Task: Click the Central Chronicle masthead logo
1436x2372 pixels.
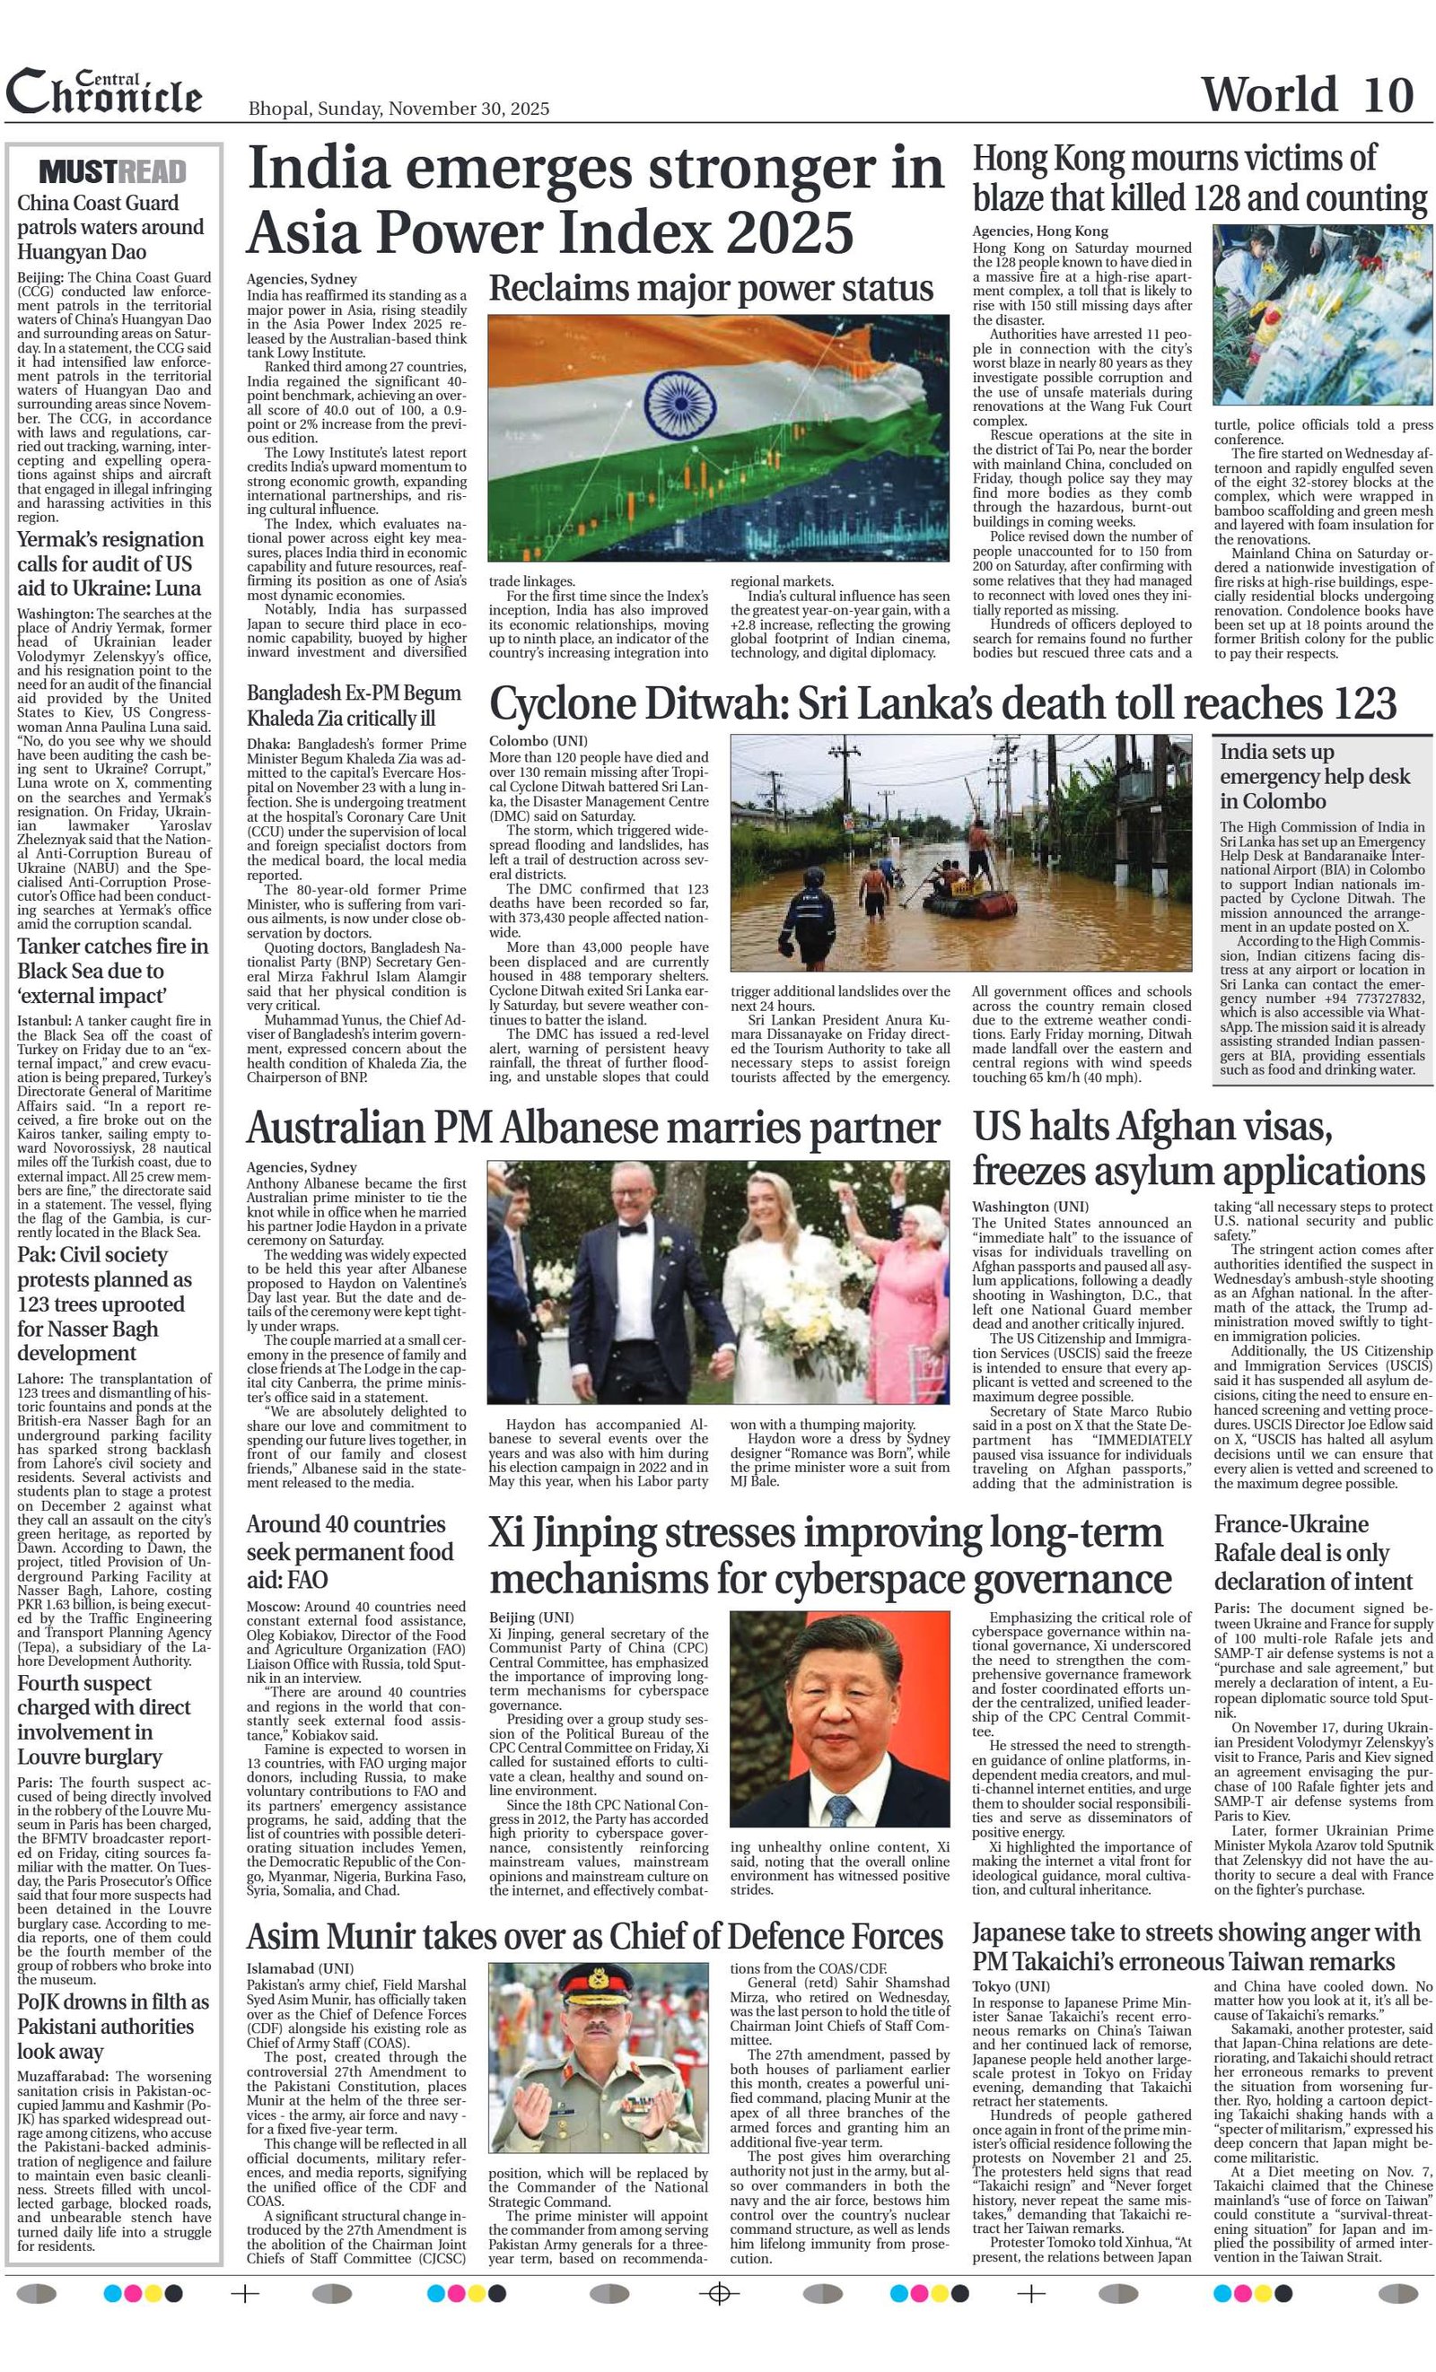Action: [x=104, y=93]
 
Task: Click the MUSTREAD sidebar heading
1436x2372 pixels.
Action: [x=113, y=172]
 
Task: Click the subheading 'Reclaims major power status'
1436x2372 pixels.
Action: [x=711, y=288]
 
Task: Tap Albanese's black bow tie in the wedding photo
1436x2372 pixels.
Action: [x=635, y=1229]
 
